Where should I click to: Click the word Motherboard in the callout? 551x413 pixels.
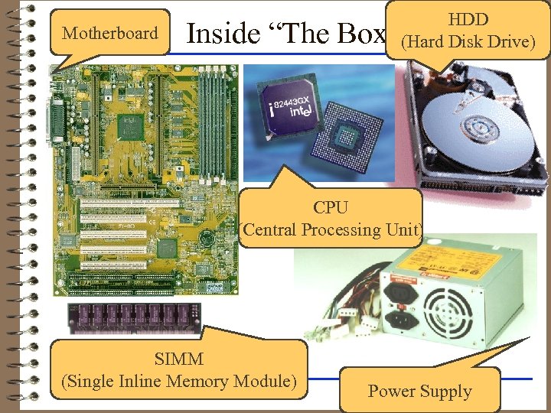[110, 33]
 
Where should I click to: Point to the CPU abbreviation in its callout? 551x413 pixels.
[331, 207]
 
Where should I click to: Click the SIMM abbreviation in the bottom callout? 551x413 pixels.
[178, 359]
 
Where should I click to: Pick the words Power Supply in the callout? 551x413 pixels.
[419, 392]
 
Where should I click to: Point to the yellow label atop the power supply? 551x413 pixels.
[452, 265]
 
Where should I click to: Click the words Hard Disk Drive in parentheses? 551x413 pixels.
[468, 41]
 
